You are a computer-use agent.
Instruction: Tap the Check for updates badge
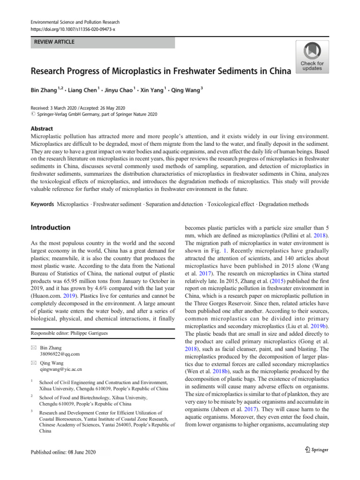coord(312,57)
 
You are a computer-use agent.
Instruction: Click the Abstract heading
coord(41,128)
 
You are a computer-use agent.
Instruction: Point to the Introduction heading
coord(50,227)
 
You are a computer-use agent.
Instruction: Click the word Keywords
coord(41,204)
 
